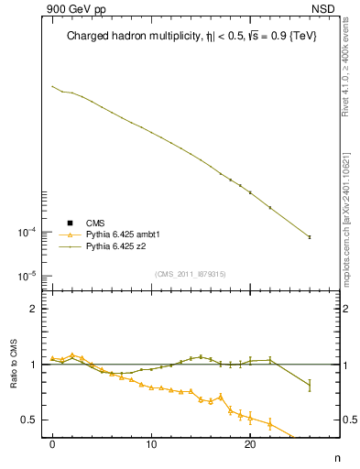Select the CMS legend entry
[95, 223]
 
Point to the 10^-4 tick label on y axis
[30, 232]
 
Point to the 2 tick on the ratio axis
[35, 309]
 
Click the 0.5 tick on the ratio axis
[31, 420]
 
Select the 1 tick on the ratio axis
[35, 365]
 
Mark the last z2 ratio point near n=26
[309, 386]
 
